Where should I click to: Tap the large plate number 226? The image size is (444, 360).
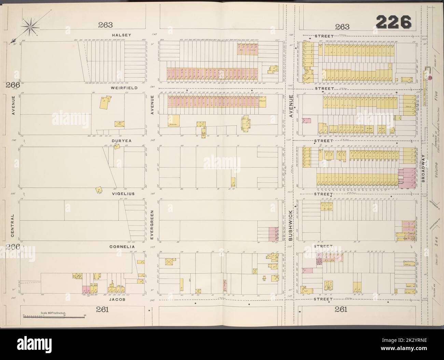[x=393, y=23]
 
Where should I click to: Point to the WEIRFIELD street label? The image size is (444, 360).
[x=124, y=88]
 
